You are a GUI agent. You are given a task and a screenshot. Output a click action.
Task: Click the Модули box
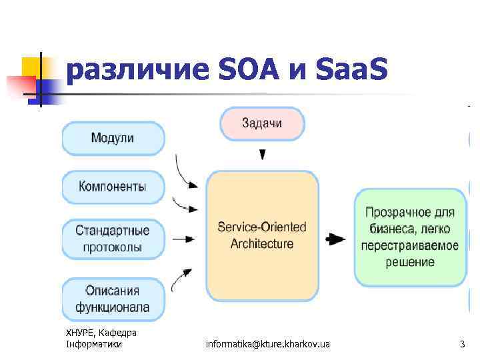113,138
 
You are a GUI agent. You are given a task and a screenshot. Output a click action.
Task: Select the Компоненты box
113,187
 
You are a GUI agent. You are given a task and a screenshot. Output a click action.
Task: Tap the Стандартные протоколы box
113,239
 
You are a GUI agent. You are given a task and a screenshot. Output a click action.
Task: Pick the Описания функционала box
113,299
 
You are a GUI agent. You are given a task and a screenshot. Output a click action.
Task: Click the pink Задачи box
262,123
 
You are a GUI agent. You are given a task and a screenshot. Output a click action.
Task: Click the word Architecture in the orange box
262,244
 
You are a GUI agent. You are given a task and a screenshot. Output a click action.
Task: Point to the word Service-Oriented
262,227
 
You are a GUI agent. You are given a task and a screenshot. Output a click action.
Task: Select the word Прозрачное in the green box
410,213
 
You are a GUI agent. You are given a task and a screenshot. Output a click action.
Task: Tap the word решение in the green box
410,262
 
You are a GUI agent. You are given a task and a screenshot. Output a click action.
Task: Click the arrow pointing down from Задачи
263,154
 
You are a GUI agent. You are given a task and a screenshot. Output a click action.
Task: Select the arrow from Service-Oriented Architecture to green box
335,239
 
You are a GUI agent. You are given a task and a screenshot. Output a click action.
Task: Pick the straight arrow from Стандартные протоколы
183,239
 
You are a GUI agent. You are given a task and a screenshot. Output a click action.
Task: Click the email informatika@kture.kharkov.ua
267,344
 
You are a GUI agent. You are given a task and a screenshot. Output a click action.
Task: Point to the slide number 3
462,344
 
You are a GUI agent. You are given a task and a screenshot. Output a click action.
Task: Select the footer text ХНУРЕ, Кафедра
101,333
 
